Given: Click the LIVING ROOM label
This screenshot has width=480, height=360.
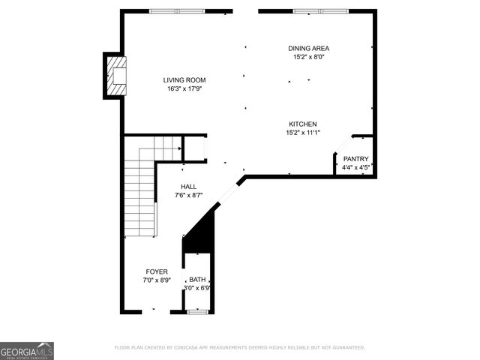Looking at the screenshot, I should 184,80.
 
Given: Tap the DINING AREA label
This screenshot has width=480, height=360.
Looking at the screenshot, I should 308,48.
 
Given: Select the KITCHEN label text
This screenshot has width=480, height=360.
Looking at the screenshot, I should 303,124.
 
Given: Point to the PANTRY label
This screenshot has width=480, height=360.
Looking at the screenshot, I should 355,159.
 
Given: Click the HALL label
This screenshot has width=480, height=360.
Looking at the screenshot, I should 189,187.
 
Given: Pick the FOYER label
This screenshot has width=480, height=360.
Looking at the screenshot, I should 157,271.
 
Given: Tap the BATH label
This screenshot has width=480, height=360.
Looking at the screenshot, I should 197,279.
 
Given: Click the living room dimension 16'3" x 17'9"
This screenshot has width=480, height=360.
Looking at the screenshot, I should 184,88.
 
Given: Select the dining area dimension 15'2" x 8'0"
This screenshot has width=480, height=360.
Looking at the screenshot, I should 308,56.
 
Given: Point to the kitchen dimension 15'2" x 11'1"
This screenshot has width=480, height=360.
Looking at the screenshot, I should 303,133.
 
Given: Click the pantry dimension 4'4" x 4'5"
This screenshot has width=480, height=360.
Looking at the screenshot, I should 355,167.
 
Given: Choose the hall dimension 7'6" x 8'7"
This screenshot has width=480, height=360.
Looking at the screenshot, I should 189,195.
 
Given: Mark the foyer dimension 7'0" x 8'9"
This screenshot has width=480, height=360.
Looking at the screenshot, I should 157,280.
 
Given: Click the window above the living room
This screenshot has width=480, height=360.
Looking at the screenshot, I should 178,11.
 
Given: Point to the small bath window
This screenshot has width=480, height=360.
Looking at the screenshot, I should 197,311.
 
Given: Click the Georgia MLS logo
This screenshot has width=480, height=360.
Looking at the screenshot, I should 27,351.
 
